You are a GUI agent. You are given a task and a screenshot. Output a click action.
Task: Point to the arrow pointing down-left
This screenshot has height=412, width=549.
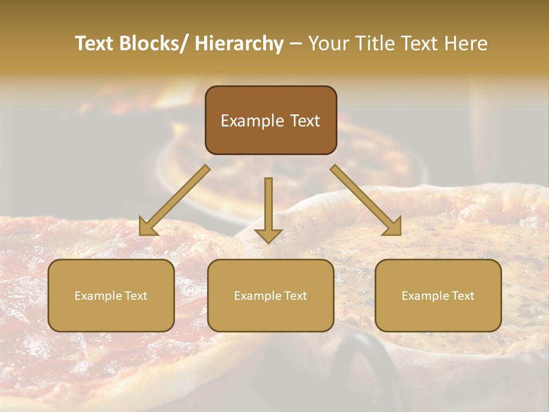(x=175, y=200)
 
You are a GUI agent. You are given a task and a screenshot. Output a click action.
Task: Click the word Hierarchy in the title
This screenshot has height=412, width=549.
(x=238, y=43)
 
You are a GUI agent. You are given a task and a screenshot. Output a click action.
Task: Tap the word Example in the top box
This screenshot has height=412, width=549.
(x=252, y=121)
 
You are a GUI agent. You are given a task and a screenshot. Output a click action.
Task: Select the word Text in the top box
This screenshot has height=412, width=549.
(x=305, y=121)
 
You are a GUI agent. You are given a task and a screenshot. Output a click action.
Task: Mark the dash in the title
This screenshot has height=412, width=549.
(x=296, y=43)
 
